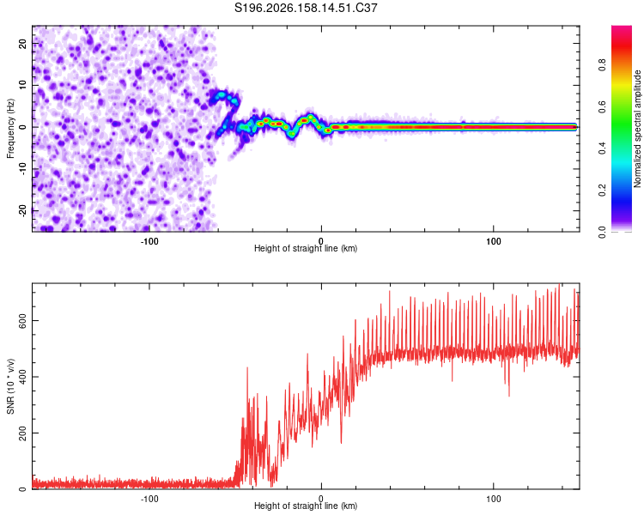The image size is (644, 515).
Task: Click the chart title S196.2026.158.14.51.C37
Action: pyautogui.click(x=306, y=8)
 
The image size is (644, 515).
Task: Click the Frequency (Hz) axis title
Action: pyautogui.click(x=10, y=128)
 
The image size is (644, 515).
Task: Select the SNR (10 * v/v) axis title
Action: pyautogui.click(x=10, y=386)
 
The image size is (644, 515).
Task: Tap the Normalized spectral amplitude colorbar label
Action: pyautogui.click(x=637, y=129)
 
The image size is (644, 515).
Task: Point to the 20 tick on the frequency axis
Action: pyautogui.click(x=22, y=43)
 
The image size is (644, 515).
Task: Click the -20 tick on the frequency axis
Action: pyautogui.click(x=22, y=211)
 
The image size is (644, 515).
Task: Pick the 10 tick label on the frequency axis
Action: pyautogui.click(x=22, y=85)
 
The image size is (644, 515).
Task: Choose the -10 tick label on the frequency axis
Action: pyautogui.click(x=22, y=169)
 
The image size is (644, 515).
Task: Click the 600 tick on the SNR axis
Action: pyautogui.click(x=22, y=320)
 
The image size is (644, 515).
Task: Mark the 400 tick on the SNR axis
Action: pyautogui.click(x=22, y=377)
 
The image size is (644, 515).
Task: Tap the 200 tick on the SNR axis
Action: pyautogui.click(x=22, y=433)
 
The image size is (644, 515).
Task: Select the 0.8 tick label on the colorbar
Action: pyautogui.click(x=602, y=65)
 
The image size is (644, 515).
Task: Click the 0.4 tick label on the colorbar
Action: pyautogui.click(x=602, y=148)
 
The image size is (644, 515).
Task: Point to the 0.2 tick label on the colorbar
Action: pyautogui.click(x=602, y=191)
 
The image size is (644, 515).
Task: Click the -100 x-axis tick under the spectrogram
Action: pyautogui.click(x=149, y=241)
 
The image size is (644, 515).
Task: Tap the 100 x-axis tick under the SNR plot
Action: pyautogui.click(x=493, y=499)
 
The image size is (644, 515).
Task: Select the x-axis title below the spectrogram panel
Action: pyautogui.click(x=306, y=248)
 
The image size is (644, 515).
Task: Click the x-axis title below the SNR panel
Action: pyautogui.click(x=306, y=506)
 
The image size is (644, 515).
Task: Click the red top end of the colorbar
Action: pyautogui.click(x=622, y=27)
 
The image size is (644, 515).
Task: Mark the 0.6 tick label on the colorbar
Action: pyautogui.click(x=602, y=106)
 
